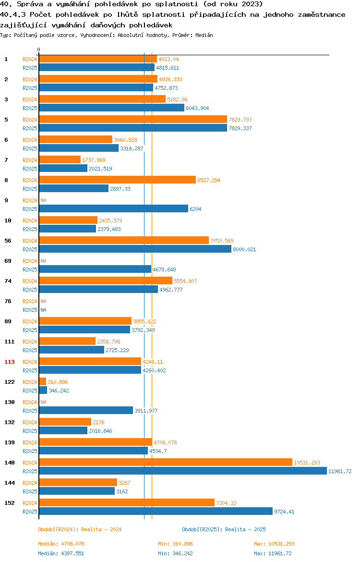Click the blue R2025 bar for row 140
point(182,471)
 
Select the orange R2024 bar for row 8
point(117,180)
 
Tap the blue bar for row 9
point(113,209)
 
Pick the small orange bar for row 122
point(42,382)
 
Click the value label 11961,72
point(340,471)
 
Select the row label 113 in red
point(10,362)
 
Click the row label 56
point(8,241)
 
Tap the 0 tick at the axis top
point(39,49)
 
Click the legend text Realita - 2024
point(101,529)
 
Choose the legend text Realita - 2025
point(245,529)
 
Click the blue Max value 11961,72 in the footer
point(283,553)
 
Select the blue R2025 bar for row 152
point(156,512)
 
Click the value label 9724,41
point(284,512)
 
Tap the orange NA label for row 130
point(43,402)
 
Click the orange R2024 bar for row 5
point(132,120)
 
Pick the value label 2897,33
point(120,189)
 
